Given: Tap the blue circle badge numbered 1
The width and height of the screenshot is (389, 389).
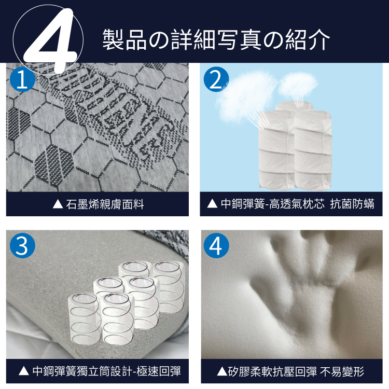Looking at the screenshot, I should point(22,80).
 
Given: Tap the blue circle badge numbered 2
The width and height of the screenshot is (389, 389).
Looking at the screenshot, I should point(216,80).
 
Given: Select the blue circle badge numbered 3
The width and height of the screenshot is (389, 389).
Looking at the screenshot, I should point(22,245).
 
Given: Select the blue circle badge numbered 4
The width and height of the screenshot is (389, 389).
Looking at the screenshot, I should point(216,245).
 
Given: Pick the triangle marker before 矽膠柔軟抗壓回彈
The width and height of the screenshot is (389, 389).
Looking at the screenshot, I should point(221,371).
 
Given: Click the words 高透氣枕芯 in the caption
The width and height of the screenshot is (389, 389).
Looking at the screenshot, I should point(300,204).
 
